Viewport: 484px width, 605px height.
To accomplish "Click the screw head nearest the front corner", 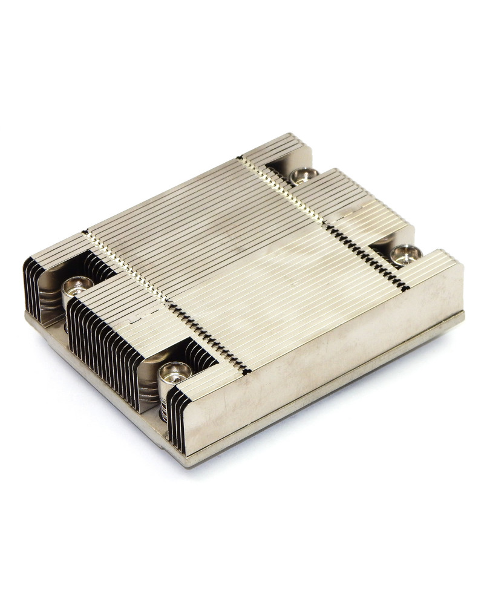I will click(174, 371).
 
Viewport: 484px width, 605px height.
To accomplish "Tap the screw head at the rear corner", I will click(303, 175).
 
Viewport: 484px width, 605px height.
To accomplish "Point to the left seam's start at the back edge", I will click(86, 233).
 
